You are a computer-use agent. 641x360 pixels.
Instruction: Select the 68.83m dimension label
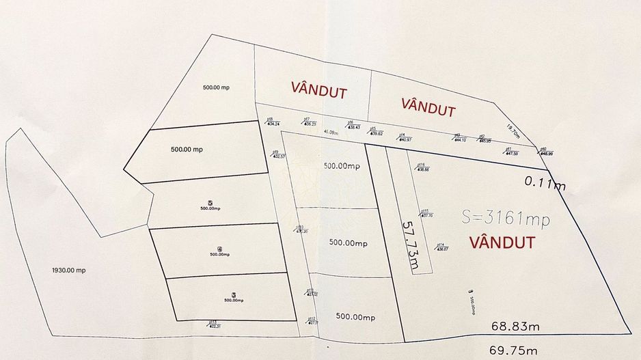[x=515, y=327]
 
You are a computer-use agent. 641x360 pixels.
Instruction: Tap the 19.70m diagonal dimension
[x=513, y=130]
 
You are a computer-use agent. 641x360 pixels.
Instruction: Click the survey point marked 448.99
[x=545, y=153]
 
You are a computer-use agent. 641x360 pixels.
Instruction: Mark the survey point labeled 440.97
[x=405, y=139]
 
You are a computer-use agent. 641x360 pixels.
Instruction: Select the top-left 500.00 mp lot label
[x=217, y=87]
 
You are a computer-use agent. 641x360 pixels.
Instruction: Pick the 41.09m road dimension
[x=331, y=132]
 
